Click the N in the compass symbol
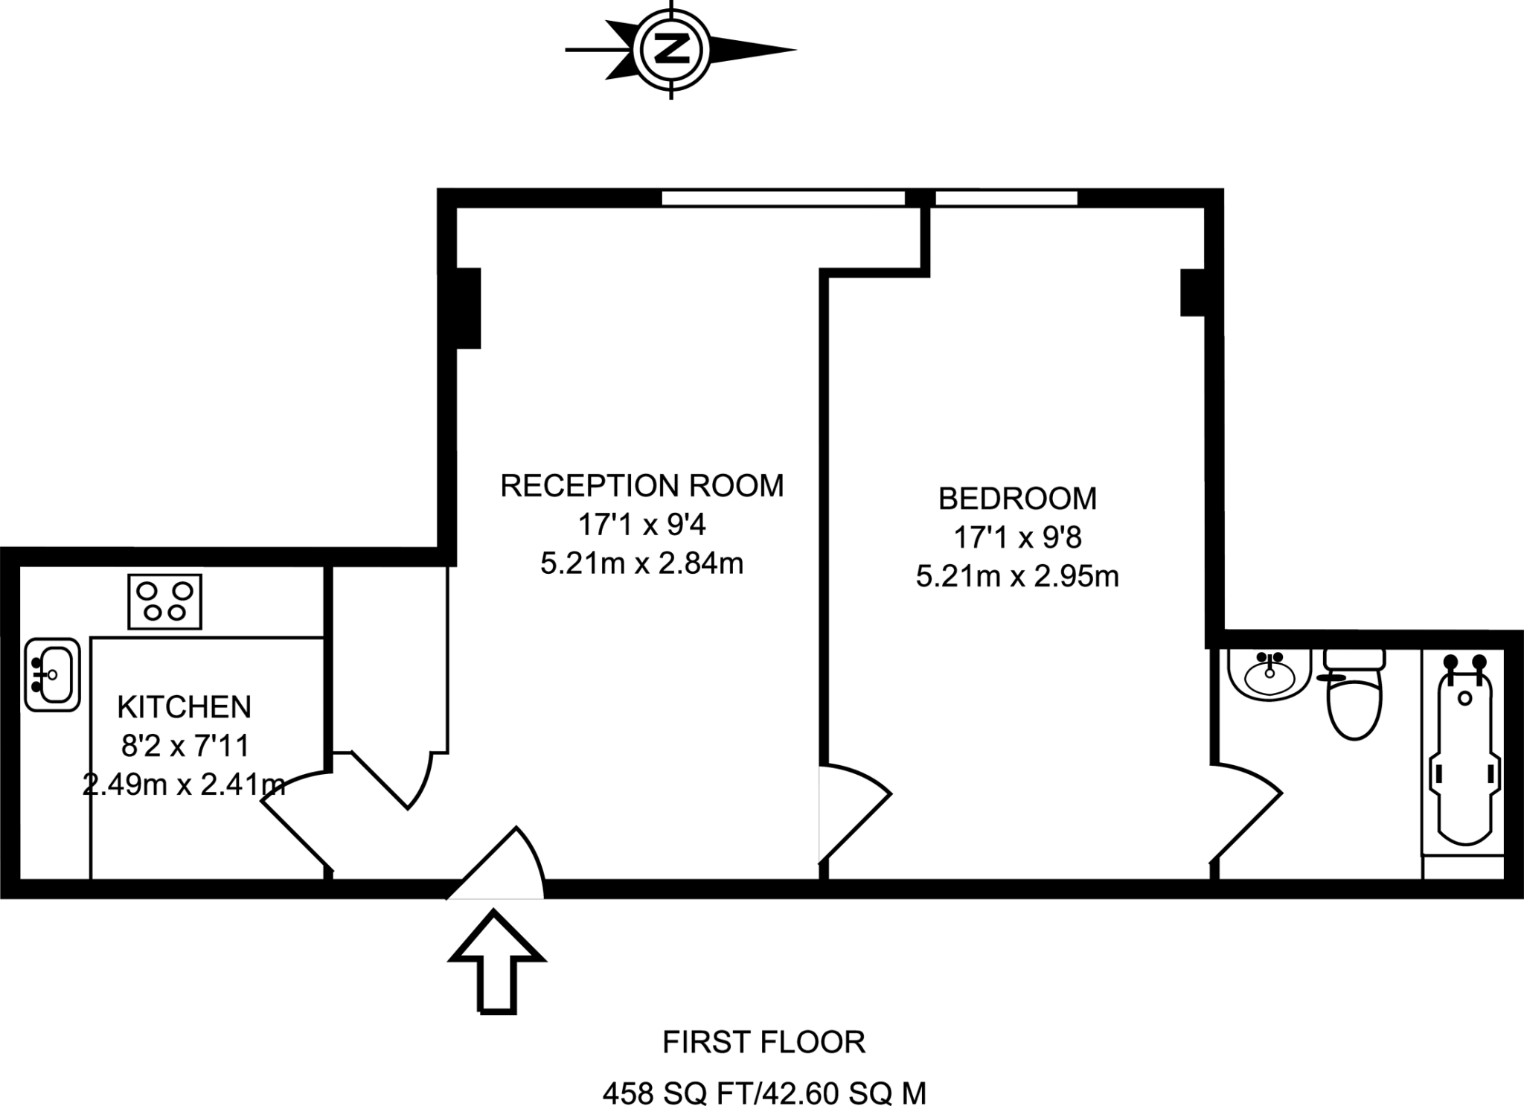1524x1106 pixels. tap(672, 50)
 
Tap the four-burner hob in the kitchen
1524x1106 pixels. tap(164, 601)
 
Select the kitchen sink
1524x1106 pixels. tap(52, 674)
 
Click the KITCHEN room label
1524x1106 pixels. tap(185, 707)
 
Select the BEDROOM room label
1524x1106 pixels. tap(1017, 499)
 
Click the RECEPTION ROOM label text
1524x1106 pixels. tap(641, 486)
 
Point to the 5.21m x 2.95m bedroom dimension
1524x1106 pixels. tap(1017, 577)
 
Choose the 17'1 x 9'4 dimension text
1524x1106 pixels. tap(641, 525)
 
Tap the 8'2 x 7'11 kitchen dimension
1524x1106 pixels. tap(185, 745)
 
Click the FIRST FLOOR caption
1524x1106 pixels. tap(764, 1043)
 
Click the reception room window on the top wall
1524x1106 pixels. tap(783, 198)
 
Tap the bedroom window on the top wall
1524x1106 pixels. tap(1006, 198)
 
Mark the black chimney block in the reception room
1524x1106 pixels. tap(468, 307)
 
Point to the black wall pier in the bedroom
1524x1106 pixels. tap(1192, 293)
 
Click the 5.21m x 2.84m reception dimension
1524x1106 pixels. tap(641, 564)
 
